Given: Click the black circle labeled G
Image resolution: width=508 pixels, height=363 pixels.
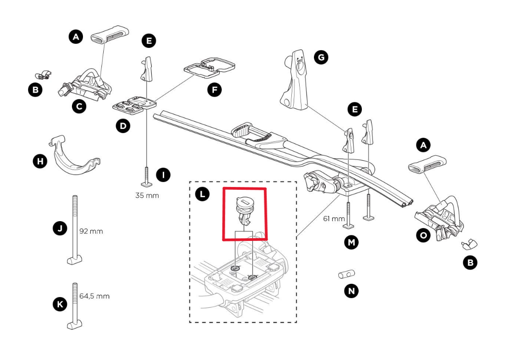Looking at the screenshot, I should pyautogui.click(x=320, y=57).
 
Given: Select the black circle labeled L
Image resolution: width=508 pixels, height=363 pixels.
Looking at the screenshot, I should pyautogui.click(x=201, y=194).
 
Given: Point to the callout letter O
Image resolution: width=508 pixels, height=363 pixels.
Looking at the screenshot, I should pyautogui.click(x=422, y=235).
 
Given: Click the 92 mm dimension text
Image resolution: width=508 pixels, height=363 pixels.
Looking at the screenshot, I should pyautogui.click(x=90, y=231).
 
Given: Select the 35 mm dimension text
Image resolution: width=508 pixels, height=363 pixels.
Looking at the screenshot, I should pyautogui.click(x=147, y=195).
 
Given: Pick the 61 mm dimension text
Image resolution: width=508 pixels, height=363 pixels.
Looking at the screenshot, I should pyautogui.click(x=334, y=218).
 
